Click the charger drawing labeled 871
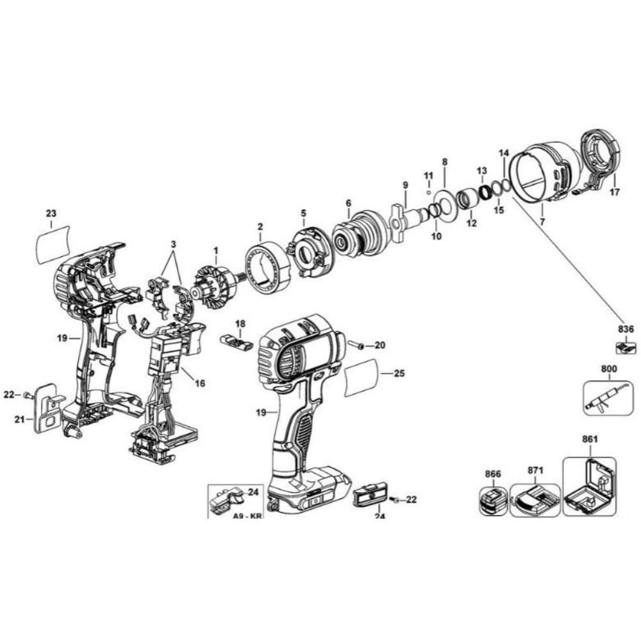[x=535, y=501]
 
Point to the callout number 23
[x=51, y=213]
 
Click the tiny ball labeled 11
[x=429, y=191]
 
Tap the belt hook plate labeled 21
[x=47, y=408]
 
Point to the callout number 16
[x=201, y=383]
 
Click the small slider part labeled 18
[x=237, y=340]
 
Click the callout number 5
[x=304, y=213]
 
